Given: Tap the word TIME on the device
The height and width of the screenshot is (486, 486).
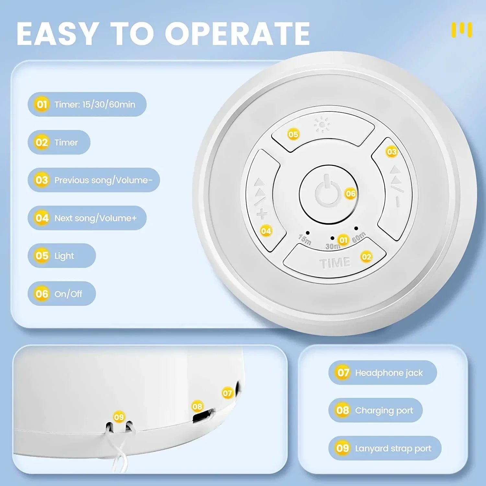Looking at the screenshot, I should pos(335,263).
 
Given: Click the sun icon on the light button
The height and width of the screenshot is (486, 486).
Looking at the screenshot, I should pos(322,125).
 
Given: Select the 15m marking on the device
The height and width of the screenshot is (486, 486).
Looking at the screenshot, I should pos(305,239).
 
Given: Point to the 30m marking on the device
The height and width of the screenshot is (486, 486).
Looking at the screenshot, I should pos(332,246).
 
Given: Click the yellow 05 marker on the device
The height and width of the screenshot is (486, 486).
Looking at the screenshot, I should pos(293,134).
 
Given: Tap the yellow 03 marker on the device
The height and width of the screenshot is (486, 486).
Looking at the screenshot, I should pos(391,152).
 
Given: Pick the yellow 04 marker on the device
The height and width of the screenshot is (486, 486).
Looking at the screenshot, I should pos(266,231).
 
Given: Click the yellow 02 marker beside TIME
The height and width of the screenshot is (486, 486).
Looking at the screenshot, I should pos(366,257).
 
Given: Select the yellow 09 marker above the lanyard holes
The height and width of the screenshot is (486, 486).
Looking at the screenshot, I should pos(119,417).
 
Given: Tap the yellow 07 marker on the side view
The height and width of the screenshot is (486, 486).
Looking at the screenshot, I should pos(227,393).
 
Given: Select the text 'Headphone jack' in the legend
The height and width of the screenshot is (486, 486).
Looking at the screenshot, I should pos(389,373).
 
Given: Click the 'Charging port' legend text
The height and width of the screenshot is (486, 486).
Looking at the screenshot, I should pos(384,411).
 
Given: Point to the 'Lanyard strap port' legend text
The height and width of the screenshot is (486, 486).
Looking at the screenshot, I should pos(393,448).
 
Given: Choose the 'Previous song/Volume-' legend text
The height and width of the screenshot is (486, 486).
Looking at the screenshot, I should pos(103,180).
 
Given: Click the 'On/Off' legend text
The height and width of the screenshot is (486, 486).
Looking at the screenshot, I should pos(68,294).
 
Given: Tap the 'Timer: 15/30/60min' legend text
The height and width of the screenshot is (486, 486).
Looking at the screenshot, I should pos(95,105).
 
